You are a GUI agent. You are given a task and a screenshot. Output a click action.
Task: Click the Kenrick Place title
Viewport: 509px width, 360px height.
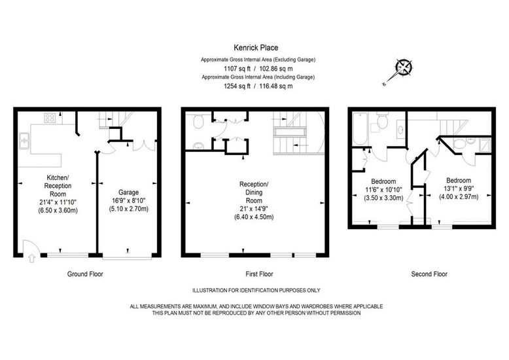256,48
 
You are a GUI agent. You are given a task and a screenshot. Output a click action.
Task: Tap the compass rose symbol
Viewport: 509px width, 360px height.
404,67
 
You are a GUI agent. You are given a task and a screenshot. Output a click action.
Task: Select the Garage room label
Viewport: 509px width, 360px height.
128,192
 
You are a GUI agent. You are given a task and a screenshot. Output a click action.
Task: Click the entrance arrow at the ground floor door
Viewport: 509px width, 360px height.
32,259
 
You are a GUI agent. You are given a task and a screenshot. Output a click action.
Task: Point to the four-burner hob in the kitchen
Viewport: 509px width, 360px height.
50,118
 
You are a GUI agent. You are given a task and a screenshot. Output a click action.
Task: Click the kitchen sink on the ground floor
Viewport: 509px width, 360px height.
24,140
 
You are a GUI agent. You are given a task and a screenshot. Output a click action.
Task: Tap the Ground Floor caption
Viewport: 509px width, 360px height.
85,274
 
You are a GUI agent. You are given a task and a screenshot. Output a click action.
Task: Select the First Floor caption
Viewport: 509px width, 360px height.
259,274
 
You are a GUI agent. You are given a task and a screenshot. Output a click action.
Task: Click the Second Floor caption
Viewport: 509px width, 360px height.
429,274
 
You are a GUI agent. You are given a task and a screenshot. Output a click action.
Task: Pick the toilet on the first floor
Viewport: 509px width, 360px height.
198,122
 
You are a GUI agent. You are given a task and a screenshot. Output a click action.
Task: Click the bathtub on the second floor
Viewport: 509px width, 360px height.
359,129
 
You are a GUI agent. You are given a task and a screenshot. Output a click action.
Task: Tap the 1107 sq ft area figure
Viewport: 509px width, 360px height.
237,69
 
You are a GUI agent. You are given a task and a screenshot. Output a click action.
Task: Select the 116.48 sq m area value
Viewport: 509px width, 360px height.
276,86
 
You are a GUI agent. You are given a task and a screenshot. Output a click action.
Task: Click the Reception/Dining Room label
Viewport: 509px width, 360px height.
254,192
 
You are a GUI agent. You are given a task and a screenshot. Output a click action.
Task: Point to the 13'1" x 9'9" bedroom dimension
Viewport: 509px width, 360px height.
459,189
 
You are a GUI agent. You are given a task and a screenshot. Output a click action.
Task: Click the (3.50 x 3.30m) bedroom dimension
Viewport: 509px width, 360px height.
383,198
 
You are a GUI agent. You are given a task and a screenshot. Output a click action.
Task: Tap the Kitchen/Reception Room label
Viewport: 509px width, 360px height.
58,186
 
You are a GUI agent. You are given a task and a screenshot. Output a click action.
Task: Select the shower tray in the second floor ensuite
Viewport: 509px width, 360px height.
485,145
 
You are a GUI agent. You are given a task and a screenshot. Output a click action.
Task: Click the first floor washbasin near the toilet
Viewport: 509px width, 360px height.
198,146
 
